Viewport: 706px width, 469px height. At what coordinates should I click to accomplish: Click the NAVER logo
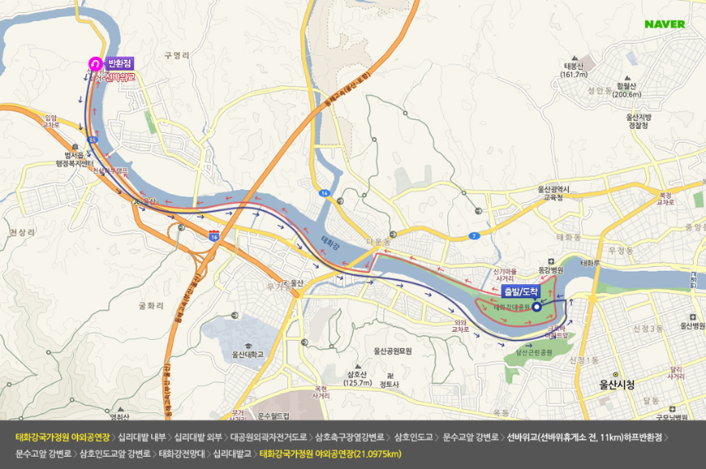coord(664,24)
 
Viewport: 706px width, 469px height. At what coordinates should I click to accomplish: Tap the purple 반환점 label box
coord(120,63)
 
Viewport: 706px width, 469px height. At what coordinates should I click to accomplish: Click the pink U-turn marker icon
coord(95,63)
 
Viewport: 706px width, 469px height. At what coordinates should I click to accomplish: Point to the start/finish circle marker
coord(536,307)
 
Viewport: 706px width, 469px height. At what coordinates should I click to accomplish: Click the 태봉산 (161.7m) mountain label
coord(573,70)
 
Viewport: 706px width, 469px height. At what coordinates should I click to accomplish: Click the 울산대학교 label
coord(247,355)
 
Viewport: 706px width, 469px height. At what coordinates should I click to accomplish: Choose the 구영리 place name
coord(176,56)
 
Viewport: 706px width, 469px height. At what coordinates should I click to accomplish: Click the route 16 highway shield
coord(214,236)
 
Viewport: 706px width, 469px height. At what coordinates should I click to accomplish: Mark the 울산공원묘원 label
coord(397,351)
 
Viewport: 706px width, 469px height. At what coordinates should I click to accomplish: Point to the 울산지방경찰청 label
coord(638,122)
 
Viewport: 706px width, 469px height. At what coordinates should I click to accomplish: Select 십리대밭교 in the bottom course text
coord(233,453)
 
